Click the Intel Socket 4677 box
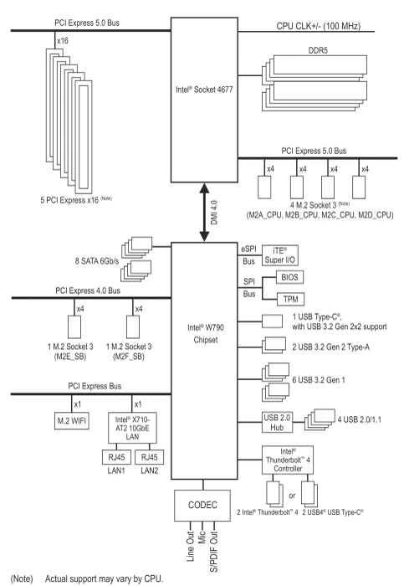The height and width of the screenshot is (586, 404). pos(204,100)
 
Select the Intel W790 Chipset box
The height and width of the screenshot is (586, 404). pos(204,361)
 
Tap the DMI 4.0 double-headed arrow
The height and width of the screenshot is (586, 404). pos(204,213)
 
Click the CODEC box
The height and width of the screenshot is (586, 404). pos(202,506)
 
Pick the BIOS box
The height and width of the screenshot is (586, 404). pos(289,277)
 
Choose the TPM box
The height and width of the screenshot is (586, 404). pos(290,299)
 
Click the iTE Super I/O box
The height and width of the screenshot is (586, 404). pos(280,255)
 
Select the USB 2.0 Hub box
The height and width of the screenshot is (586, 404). pos(277,422)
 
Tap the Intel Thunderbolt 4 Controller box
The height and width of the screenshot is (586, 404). pos(288,460)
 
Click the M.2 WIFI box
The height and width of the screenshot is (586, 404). pos(72,421)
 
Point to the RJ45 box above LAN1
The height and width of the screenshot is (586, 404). pos(116,457)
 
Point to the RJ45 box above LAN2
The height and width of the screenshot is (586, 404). pos(150,457)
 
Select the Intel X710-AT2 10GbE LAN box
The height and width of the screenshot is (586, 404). pos(132,428)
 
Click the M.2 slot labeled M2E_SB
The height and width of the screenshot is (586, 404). pos(74,327)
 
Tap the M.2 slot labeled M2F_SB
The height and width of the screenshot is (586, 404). pos(133,327)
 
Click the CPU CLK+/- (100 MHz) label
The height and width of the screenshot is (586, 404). pos(319,26)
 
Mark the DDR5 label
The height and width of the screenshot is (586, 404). pos(318,50)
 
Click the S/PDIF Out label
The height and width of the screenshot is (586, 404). pos(213,552)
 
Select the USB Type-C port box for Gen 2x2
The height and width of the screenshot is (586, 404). pos(272,321)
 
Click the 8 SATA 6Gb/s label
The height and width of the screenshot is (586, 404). pos(97,261)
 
